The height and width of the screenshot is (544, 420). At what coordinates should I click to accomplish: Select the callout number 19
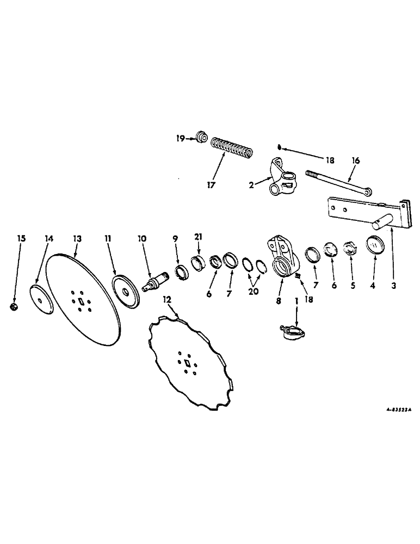(195, 138)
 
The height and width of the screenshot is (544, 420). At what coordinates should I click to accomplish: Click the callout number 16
(356, 160)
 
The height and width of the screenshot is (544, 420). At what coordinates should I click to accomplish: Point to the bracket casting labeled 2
(282, 180)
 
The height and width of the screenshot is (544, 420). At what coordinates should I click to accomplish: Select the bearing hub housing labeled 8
(283, 262)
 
